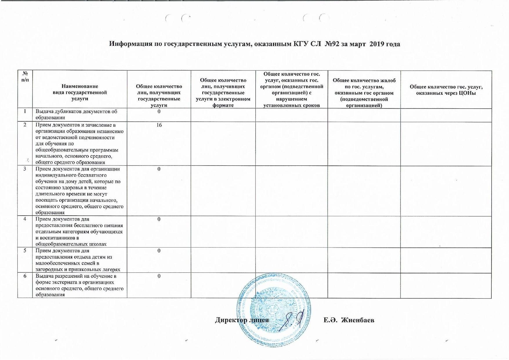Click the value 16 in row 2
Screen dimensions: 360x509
pyautogui.click(x=159, y=125)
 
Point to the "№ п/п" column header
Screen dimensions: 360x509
pyautogui.click(x=25, y=77)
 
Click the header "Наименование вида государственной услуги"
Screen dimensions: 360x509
pyautogui.click(x=80, y=92)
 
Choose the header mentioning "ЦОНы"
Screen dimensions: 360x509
pyautogui.click(x=446, y=90)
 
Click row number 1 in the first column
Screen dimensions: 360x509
pyautogui.click(x=25, y=112)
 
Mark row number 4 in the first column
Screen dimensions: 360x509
pyautogui.click(x=25, y=219)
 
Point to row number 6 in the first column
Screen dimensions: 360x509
pyautogui.click(x=25, y=276)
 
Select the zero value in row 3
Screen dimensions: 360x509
pyautogui.click(x=159, y=169)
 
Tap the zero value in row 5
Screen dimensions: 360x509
pyautogui.click(x=159, y=251)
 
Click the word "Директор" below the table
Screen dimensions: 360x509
pyautogui.click(x=230, y=320)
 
